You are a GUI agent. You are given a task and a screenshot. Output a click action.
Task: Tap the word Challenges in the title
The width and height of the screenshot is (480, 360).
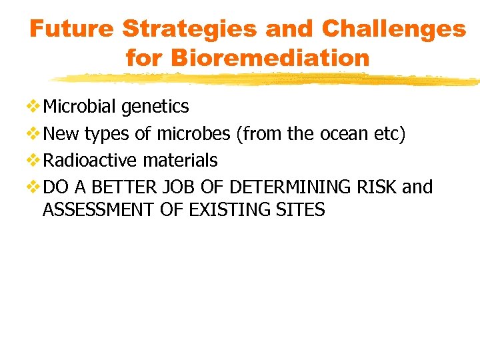393,29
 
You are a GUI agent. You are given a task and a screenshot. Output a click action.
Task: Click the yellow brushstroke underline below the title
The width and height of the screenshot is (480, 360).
267,79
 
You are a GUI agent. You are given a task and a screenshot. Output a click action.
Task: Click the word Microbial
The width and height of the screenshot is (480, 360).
79,107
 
